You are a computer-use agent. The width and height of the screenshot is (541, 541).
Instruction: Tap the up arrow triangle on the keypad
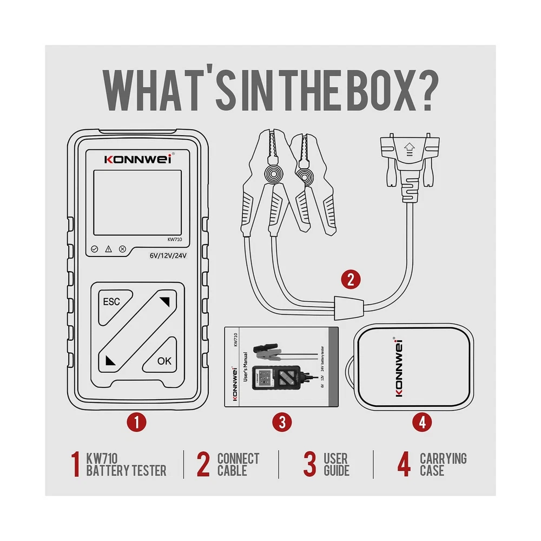coord(166,301)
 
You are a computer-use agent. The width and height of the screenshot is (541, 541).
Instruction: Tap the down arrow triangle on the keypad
coord(110,360)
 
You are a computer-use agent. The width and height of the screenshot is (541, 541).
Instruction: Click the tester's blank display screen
coord(137,203)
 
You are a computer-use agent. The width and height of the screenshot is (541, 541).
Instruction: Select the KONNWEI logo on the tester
coord(138,159)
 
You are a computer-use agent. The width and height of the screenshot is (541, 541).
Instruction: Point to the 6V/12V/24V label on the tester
coord(168,256)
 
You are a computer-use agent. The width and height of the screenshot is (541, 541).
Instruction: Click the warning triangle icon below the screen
coord(108,249)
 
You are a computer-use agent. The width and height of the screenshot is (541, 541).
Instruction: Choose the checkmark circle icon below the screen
coord(94,249)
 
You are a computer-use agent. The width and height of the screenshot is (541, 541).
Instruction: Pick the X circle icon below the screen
coord(122,249)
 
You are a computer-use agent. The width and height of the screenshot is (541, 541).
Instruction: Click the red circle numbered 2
coord(351,280)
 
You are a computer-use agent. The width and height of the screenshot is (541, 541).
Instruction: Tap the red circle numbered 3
coord(282,423)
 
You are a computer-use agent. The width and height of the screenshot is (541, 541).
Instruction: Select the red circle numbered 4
coord(423,423)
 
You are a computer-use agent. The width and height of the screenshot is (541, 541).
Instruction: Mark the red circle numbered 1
coord(137,423)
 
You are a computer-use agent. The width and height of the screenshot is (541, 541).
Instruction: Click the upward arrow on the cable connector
coord(410,149)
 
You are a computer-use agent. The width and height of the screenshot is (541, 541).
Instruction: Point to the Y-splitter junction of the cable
coord(349,307)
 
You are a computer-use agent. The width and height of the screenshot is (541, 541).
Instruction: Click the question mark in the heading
coord(429,91)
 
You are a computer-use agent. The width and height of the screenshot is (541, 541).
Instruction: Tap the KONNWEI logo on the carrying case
coord(399,367)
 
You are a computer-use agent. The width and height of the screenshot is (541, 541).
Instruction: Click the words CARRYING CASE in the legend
coord(444,464)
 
